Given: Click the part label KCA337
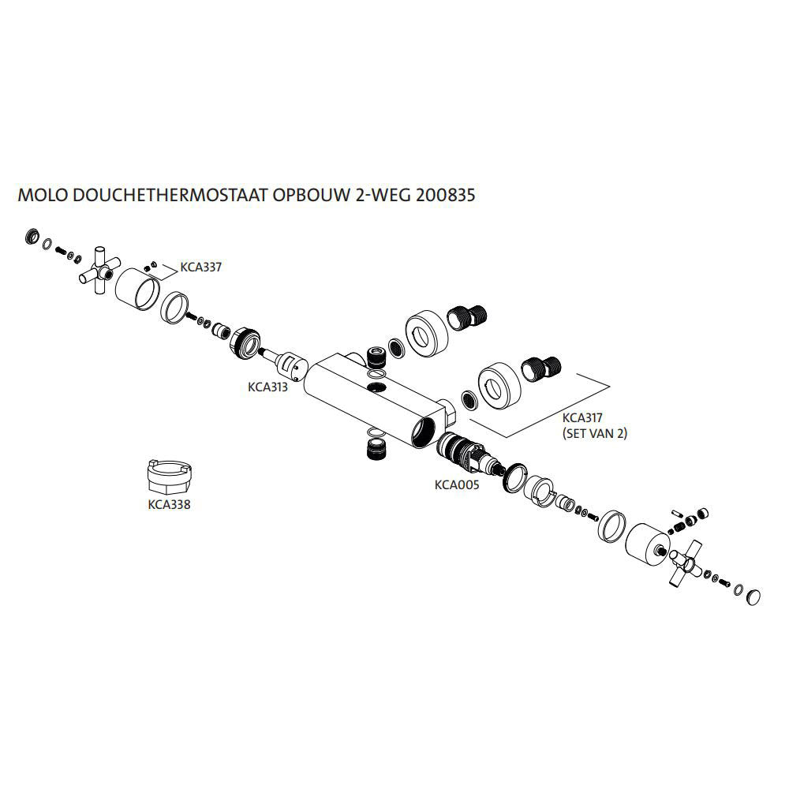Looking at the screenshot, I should tap(200, 267).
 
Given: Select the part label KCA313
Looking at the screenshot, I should tap(267, 387).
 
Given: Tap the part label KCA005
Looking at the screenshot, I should tap(457, 485).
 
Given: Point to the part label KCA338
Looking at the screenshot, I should tap(169, 505).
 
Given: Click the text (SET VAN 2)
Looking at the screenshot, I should tap(593, 434).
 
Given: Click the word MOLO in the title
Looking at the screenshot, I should tap(42, 195).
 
